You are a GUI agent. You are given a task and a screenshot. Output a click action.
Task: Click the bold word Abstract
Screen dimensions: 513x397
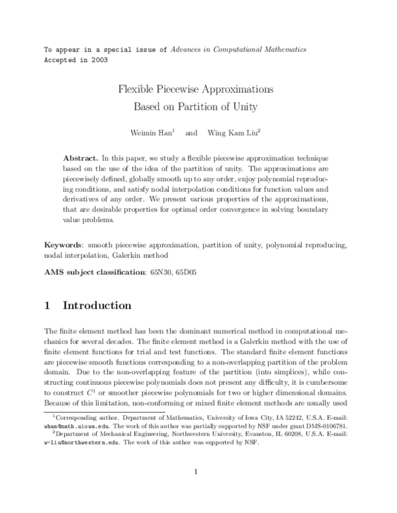(80, 159)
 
